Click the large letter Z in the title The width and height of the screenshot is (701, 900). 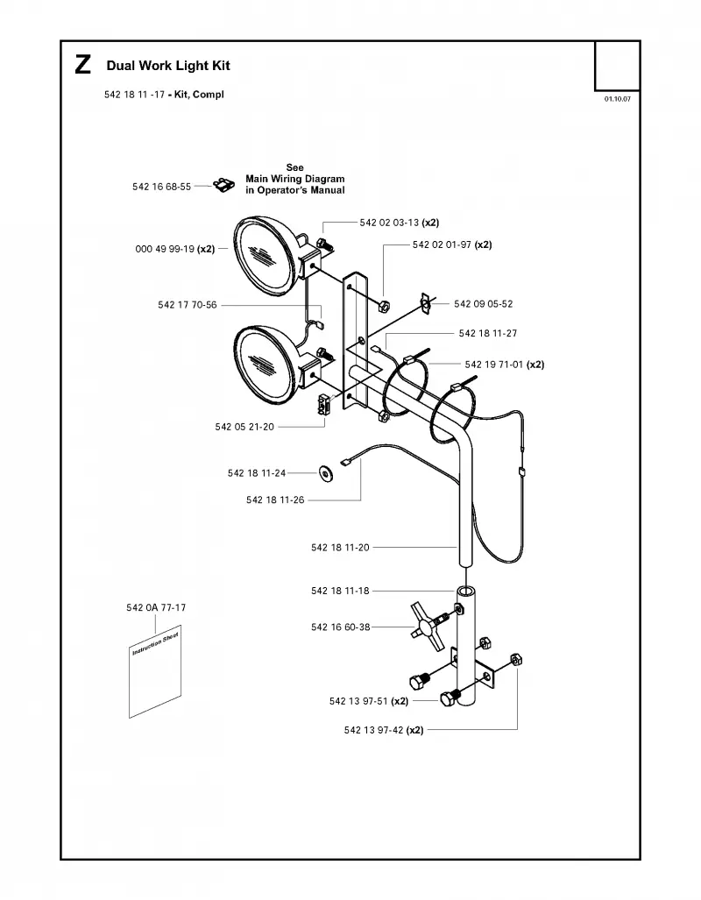82,65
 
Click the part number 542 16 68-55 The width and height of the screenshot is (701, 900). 161,187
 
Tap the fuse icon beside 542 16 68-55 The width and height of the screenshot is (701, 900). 224,185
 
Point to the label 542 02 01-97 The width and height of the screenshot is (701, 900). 442,244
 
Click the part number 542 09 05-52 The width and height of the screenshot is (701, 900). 484,303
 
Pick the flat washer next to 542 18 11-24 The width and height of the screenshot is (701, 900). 327,473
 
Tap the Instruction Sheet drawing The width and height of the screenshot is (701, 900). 155,671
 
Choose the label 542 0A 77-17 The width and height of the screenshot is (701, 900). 156,607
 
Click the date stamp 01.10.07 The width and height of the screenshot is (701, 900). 617,99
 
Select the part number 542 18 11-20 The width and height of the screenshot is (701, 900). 341,548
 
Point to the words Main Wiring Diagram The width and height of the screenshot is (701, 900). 295,179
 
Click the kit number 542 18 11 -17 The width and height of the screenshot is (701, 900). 134,95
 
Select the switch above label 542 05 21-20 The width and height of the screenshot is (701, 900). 325,402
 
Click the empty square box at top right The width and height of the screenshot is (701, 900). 617,66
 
